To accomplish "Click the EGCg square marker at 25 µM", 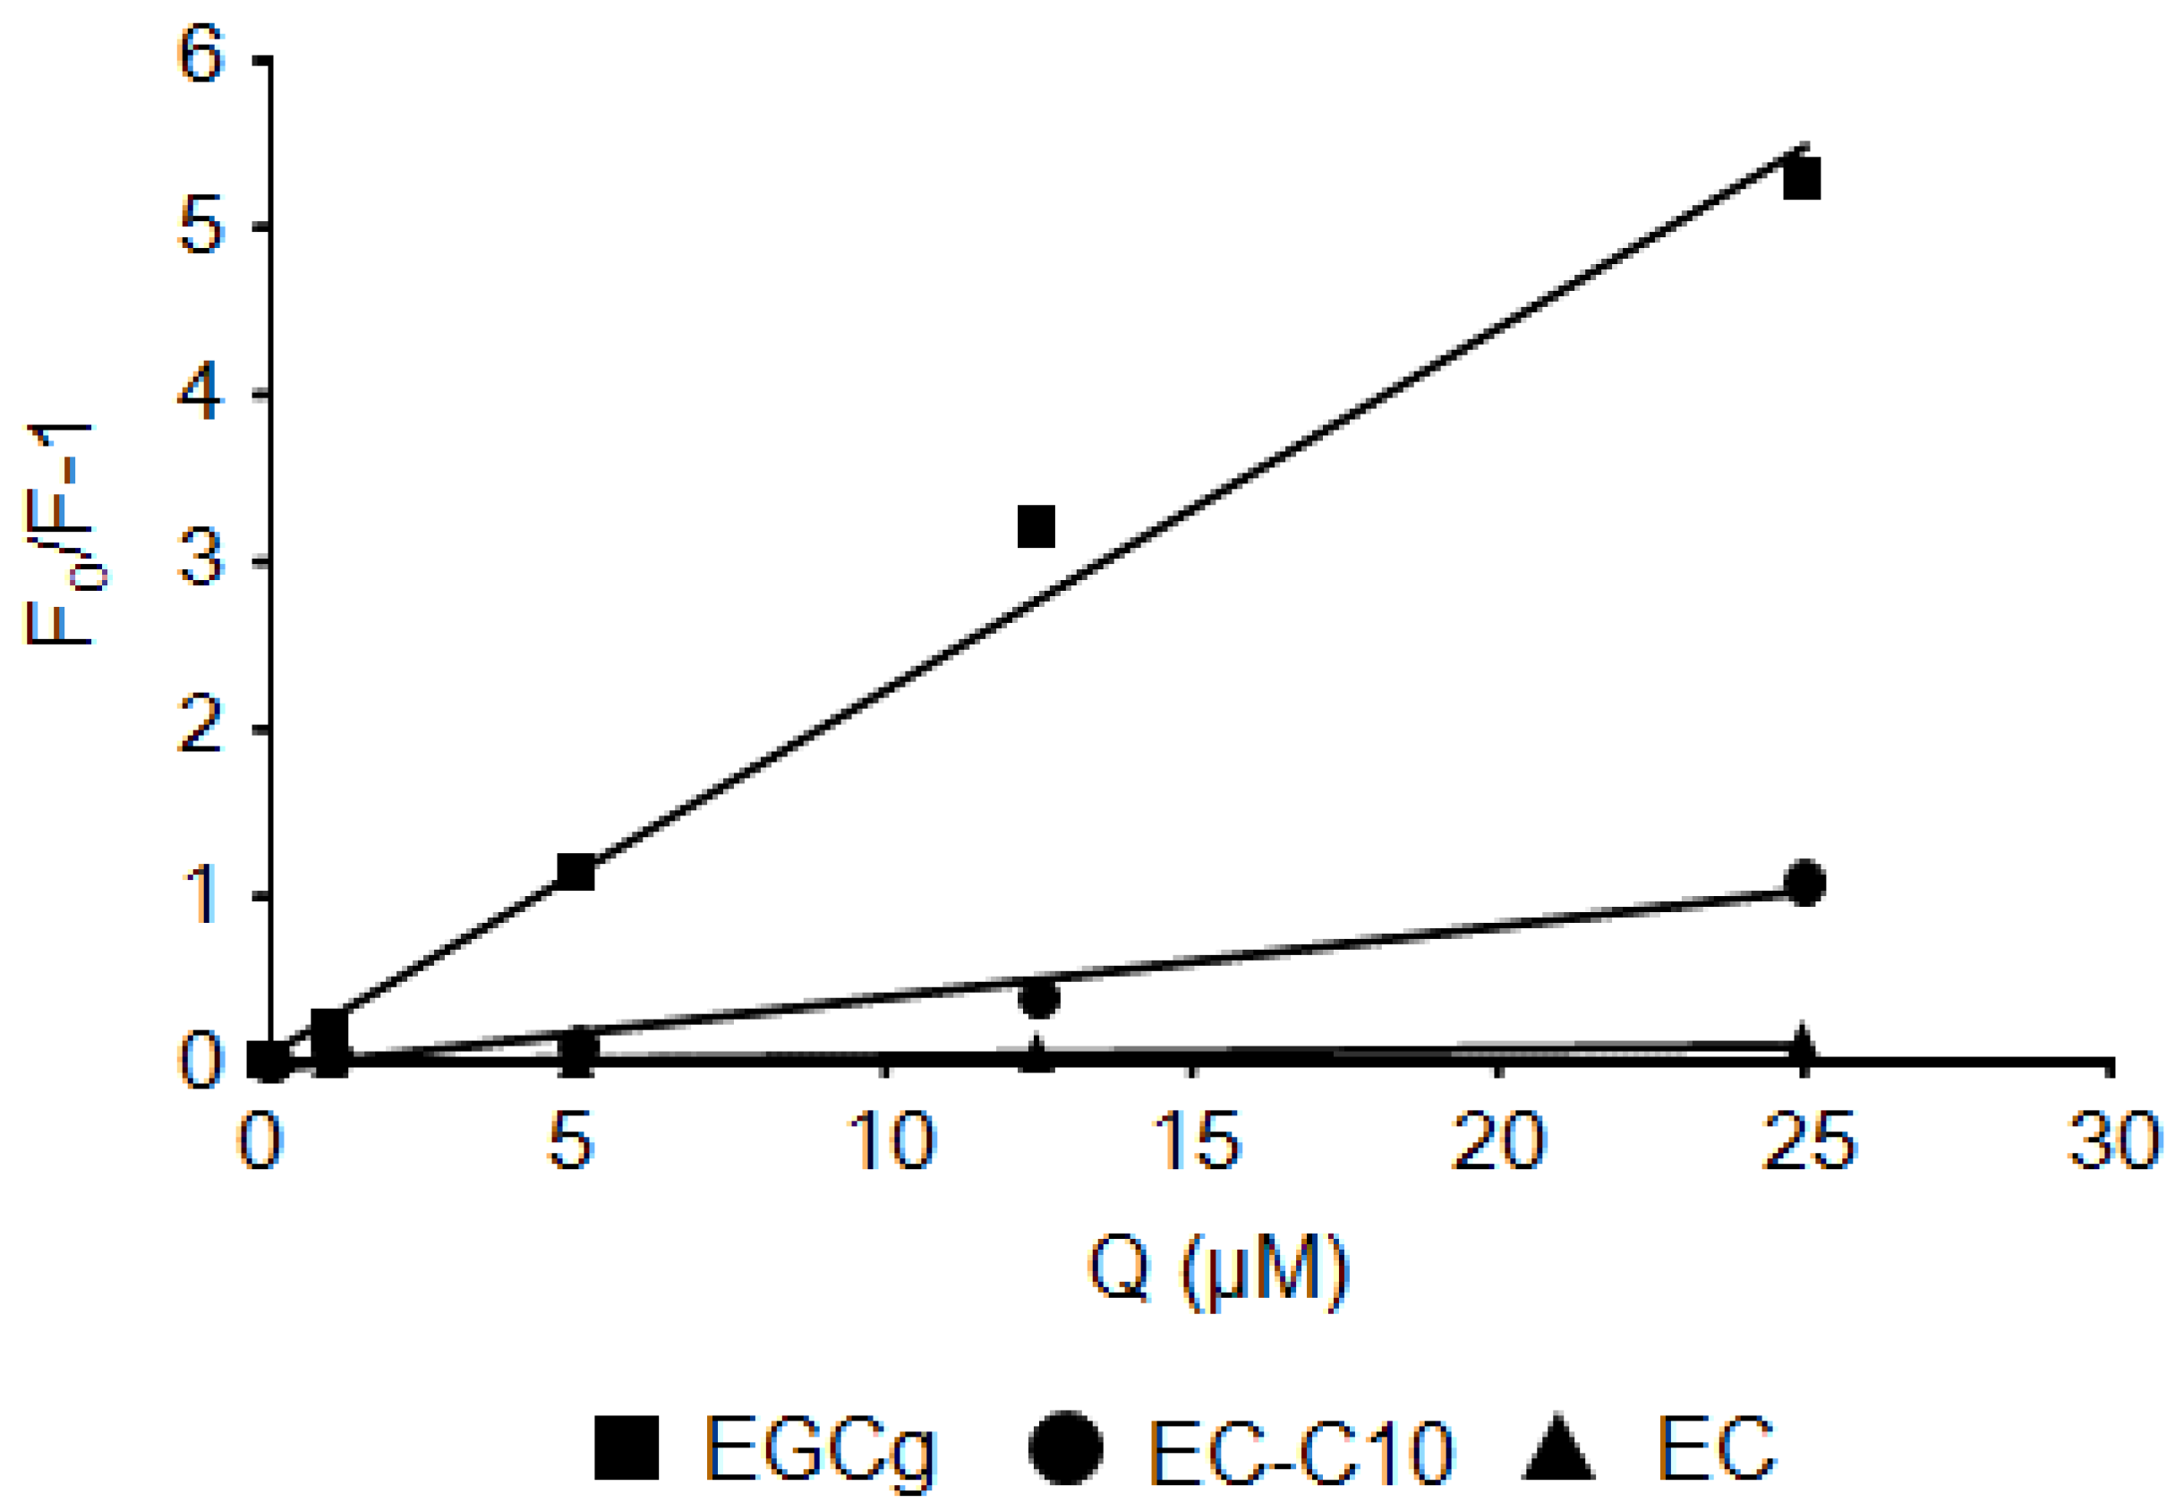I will point(1800,179).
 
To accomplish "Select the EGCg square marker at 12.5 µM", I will point(1036,526).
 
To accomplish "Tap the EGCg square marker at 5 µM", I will point(576,871).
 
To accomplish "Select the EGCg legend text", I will point(820,1449).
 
